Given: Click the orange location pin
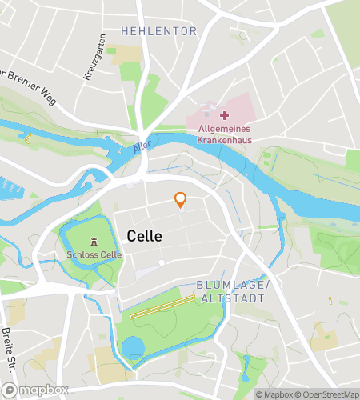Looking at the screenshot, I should [181, 201].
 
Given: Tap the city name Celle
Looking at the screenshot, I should [144, 237].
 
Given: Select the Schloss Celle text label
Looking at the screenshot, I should [94, 258].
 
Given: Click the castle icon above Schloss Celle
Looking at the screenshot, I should [94, 241].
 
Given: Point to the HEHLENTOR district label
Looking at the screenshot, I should [158, 31].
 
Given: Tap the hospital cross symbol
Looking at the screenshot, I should [225, 116].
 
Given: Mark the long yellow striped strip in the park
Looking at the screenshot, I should [163, 307].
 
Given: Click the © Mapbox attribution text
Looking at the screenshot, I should [274, 394].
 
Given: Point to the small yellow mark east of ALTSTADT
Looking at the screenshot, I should [330, 302].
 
